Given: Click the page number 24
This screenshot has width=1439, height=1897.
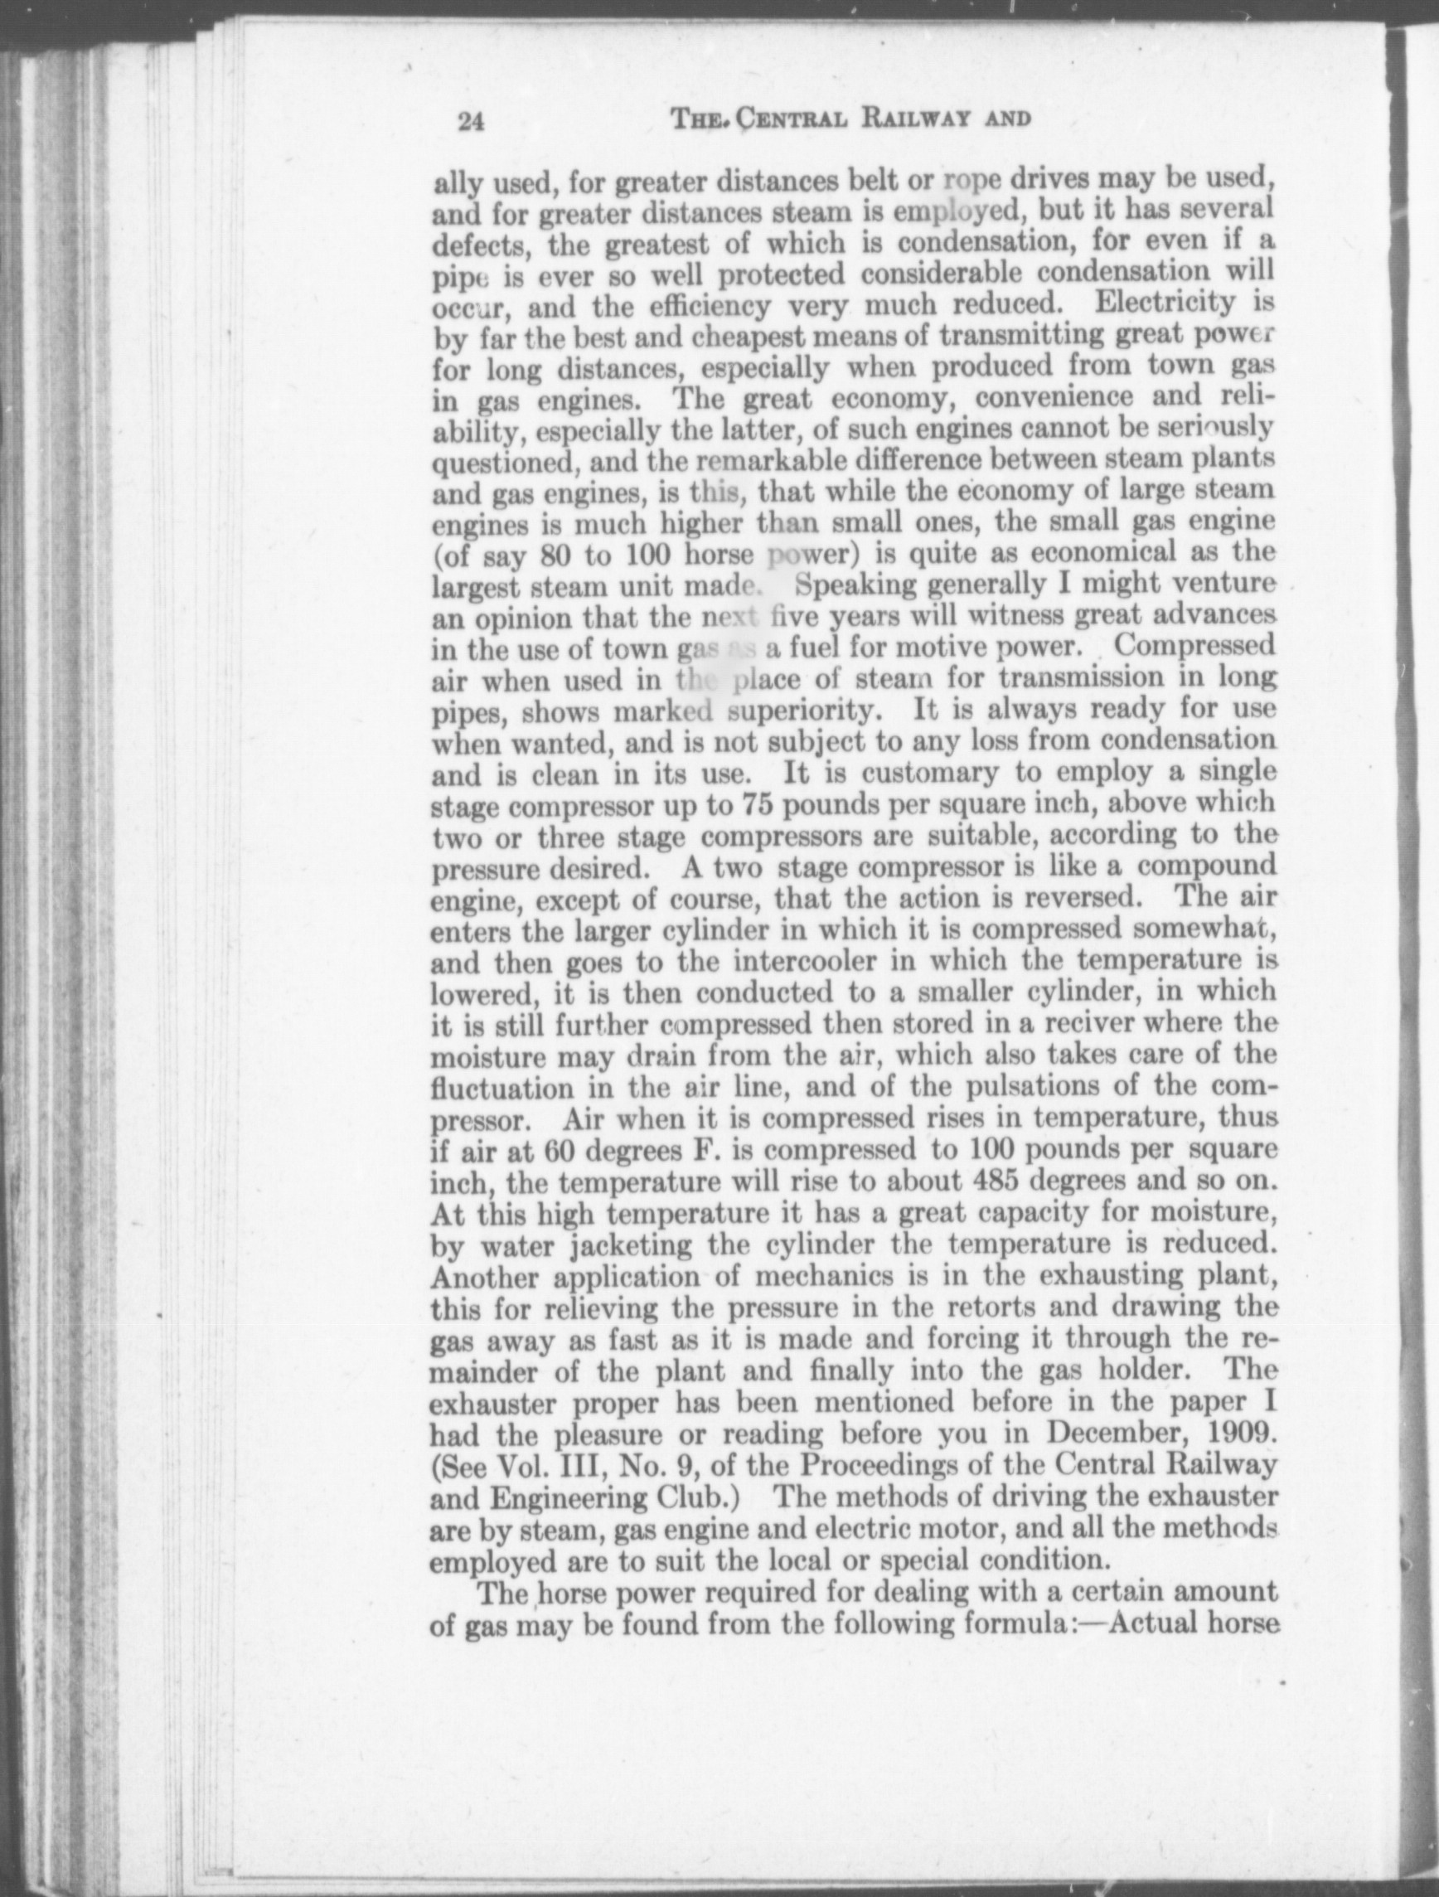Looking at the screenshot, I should (471, 121).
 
